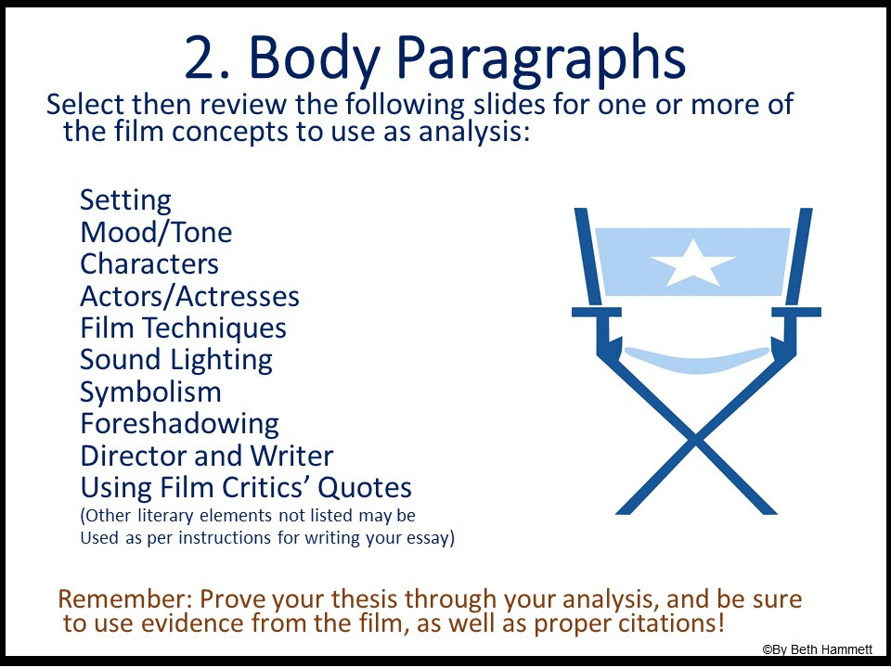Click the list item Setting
point(125,200)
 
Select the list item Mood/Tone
point(156,232)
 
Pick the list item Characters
point(149,264)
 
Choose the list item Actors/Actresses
point(189,297)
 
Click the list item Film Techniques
point(183,328)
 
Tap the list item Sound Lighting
point(176,360)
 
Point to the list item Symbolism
point(150,392)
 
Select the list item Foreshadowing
point(179,425)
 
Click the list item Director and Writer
point(206,456)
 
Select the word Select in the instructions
point(86,104)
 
